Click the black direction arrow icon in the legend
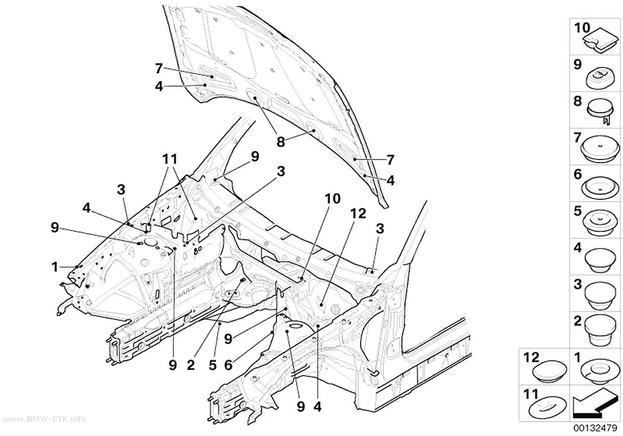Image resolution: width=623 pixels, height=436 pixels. pyautogui.click(x=595, y=403)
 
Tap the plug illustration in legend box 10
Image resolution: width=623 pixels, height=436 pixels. pyautogui.click(x=600, y=40)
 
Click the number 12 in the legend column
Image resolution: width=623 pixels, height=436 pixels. pyautogui.click(x=530, y=357)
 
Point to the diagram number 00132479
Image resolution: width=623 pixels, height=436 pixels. pyautogui.click(x=594, y=428)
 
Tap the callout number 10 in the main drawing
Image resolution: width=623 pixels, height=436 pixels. pyautogui.click(x=332, y=199)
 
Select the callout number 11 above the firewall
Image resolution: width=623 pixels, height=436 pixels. pyautogui.click(x=170, y=159)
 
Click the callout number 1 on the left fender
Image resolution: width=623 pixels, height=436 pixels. pyautogui.click(x=55, y=267)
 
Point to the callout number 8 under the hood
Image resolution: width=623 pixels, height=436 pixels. pyautogui.click(x=281, y=142)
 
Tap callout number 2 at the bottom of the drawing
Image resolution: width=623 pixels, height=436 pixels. pyautogui.click(x=190, y=365)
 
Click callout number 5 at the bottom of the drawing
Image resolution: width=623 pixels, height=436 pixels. pyautogui.click(x=212, y=365)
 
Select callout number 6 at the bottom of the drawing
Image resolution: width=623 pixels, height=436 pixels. pyautogui.click(x=228, y=365)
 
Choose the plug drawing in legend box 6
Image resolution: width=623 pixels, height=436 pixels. pyautogui.click(x=601, y=187)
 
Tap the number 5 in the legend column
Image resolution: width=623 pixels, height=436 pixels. pyautogui.click(x=578, y=211)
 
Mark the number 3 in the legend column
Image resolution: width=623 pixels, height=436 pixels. pyautogui.click(x=578, y=284)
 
